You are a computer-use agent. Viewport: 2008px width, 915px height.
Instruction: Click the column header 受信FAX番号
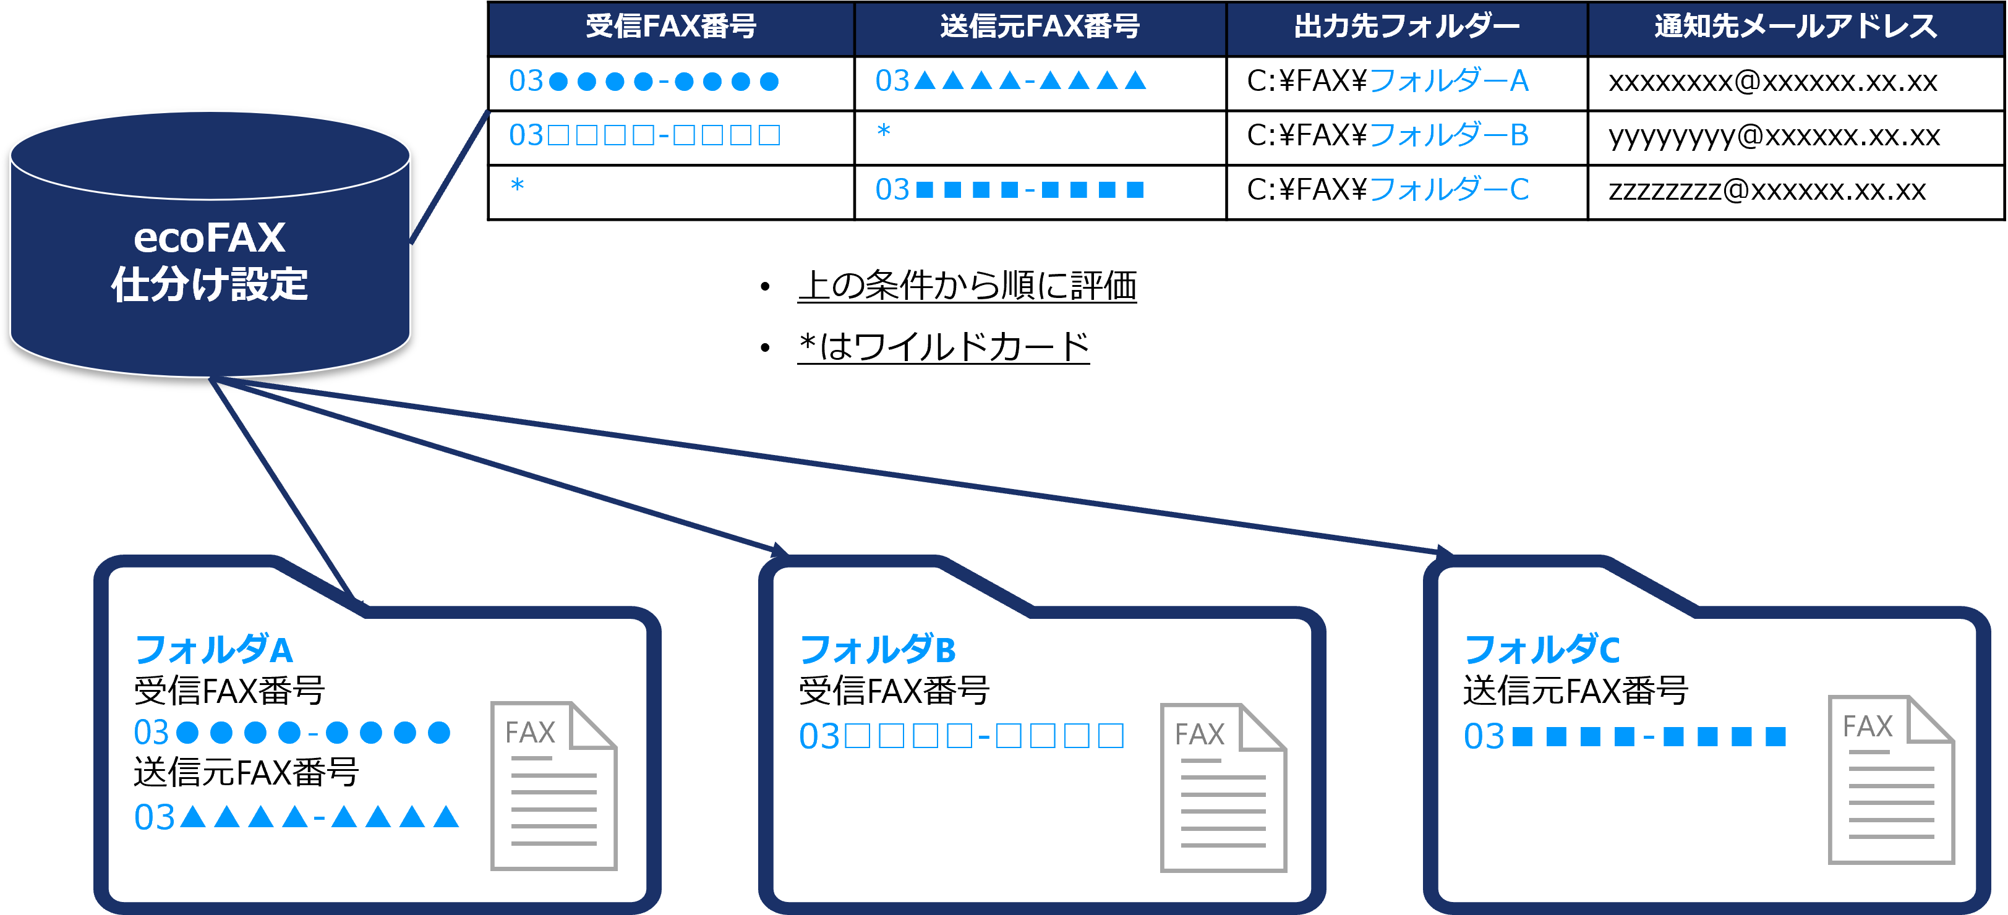point(670,27)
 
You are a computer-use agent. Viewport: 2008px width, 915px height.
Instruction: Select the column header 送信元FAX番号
point(1040,27)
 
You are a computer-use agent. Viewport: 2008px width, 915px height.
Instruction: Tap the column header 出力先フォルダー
point(1406,27)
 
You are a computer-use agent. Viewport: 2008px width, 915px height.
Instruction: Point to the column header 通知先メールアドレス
point(1795,27)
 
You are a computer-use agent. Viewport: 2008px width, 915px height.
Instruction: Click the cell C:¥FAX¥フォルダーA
point(1388,81)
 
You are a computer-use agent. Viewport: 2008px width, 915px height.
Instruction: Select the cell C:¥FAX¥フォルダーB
point(1388,135)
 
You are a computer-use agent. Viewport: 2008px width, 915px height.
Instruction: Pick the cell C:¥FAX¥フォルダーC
point(1388,189)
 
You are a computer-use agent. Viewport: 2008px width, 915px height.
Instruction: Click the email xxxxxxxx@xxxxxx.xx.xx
point(1772,82)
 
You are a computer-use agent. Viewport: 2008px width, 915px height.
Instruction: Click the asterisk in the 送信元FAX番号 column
point(883,131)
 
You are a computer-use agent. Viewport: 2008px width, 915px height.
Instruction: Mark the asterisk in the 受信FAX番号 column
point(517,185)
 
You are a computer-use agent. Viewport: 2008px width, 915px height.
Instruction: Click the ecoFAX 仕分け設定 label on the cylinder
point(210,260)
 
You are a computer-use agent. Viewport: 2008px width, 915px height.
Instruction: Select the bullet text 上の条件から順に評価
point(967,285)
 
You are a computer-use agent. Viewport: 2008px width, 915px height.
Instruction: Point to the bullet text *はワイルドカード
point(943,347)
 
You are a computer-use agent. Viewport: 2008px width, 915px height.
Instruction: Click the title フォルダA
point(213,649)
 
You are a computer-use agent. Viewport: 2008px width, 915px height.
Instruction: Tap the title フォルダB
point(878,649)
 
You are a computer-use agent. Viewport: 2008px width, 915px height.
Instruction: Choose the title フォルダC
point(1542,649)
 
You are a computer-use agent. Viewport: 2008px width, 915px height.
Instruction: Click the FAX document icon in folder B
point(1223,787)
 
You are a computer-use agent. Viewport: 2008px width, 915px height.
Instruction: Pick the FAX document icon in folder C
point(1891,780)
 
